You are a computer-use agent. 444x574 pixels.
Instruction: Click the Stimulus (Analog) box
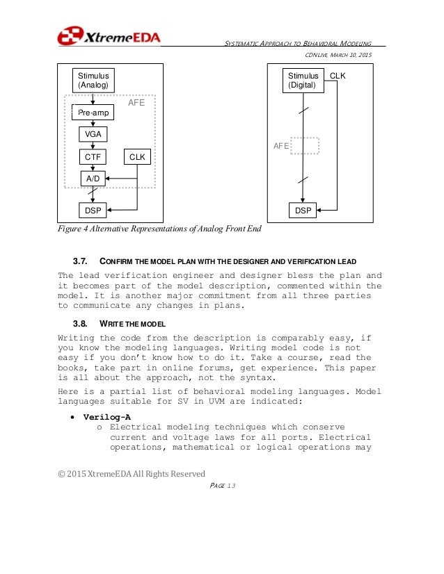point(93,81)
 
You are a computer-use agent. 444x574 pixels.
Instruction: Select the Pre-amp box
point(93,111)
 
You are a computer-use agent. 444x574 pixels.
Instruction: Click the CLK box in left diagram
point(137,157)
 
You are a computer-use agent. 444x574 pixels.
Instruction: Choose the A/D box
point(93,179)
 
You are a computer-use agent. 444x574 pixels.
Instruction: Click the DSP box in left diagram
point(93,209)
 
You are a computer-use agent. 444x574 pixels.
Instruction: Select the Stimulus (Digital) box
point(303,81)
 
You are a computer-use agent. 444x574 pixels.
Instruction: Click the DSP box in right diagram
point(303,209)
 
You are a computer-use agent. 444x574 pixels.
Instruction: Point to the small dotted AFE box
point(305,146)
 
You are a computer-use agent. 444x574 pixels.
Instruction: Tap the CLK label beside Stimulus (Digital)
point(338,76)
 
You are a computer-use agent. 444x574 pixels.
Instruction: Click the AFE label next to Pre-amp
point(136,102)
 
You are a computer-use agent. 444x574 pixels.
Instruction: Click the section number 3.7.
point(81,261)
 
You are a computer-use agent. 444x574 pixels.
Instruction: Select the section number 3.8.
point(81,324)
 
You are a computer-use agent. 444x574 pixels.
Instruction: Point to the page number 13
point(230,485)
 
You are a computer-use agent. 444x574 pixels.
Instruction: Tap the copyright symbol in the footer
point(61,474)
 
